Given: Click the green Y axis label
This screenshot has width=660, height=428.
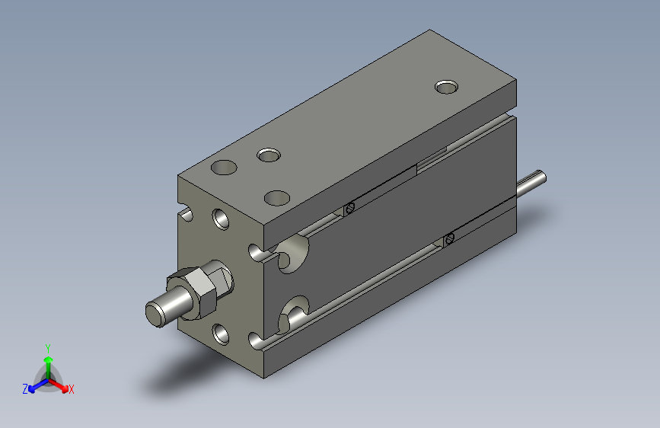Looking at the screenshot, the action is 48,348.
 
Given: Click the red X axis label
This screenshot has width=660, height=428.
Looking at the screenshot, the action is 71,389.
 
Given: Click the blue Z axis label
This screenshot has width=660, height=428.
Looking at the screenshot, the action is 25,389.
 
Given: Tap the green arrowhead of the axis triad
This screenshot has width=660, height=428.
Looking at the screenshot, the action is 49,359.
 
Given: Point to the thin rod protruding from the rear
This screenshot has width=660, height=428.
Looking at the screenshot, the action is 531,184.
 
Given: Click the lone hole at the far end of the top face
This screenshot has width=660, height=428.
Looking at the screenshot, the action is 447,87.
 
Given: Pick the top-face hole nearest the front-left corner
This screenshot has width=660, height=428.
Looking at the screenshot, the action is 224,168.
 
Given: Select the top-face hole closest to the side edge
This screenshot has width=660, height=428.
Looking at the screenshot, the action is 277,198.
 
